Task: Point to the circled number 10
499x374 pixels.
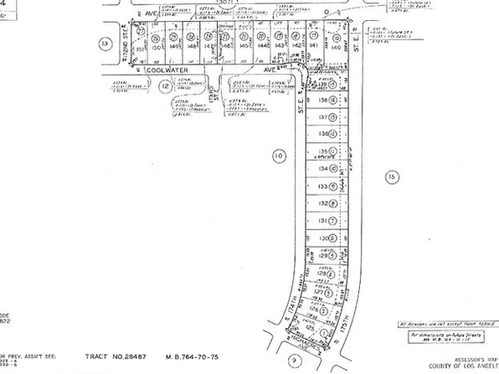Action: tap(279, 154)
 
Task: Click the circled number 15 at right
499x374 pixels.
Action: tap(389, 176)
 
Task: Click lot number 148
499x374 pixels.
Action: tap(192, 47)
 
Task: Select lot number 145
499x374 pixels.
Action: tap(244, 47)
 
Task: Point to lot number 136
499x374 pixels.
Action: tap(321, 135)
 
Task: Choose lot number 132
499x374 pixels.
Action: tap(321, 204)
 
